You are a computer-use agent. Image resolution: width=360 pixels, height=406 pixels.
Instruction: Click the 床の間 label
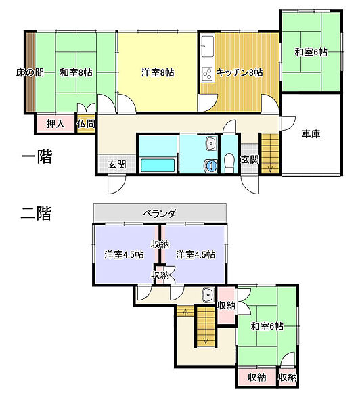30,73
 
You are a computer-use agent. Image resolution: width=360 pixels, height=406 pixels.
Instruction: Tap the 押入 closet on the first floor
55,124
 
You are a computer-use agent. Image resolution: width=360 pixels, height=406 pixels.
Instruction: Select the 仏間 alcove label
86,124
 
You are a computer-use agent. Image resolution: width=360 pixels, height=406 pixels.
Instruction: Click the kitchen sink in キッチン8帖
208,46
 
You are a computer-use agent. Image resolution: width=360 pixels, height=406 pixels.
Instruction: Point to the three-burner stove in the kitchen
208,74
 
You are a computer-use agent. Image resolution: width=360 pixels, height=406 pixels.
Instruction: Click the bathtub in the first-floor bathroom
158,165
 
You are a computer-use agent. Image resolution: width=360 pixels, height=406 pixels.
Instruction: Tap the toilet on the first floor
229,162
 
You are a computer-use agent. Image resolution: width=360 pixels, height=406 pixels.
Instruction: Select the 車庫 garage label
311,134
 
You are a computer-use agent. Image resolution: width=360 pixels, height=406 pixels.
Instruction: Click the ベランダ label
160,214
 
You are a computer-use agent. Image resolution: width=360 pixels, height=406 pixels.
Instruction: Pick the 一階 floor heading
37,156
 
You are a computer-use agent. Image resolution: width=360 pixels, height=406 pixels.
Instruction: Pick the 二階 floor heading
36,213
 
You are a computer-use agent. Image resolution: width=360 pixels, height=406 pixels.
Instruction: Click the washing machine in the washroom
211,165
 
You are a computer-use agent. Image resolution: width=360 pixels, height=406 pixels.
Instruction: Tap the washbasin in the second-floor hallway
208,294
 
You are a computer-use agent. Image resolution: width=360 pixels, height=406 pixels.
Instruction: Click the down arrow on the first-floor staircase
270,168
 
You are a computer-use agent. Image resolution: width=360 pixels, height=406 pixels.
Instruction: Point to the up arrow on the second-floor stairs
185,311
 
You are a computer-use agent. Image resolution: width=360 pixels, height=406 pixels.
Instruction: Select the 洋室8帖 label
158,73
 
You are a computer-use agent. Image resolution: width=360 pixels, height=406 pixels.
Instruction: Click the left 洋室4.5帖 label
125,255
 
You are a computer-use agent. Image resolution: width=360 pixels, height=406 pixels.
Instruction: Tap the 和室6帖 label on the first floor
311,53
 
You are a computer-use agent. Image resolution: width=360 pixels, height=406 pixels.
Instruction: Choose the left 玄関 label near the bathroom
117,164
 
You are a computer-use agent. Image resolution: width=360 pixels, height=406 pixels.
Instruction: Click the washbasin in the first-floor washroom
211,143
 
